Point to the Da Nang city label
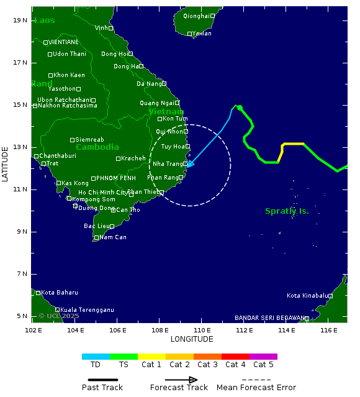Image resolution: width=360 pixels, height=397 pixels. coord(148,84)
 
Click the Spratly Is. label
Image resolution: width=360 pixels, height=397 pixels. coord(287,211)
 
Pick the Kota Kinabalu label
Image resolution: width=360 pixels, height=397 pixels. coord(307,296)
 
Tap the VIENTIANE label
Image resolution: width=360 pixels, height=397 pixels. coord(63,42)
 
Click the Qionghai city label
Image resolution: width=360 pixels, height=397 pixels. coord(196,16)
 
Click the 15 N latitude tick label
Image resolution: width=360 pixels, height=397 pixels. coord(20,104)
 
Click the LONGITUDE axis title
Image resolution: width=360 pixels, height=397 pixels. coord(192,339)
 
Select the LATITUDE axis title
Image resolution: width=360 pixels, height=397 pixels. coord(6,164)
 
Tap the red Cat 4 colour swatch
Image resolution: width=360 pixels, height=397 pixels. coord(235,357)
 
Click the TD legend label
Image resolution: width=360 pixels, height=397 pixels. coord(96,365)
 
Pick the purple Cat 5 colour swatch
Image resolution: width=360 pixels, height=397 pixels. coord(263,357)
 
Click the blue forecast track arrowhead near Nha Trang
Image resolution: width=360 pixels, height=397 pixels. coord(190,165)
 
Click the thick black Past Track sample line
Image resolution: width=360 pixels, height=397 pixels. coord(99,380)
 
